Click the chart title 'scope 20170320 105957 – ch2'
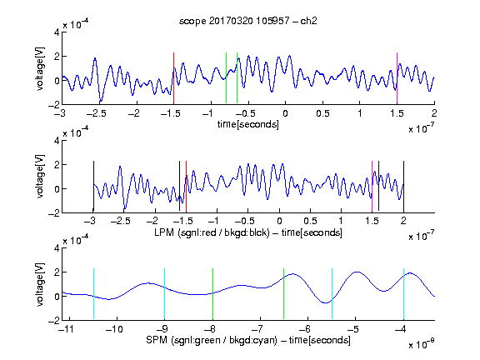tap(248, 21)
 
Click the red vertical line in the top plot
tap(173, 78)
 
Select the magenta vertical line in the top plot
tap(397, 78)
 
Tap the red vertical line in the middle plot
tap(186, 186)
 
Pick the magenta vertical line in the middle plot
tap(372, 186)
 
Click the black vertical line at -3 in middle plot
tap(93, 186)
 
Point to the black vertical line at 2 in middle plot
tap(403, 186)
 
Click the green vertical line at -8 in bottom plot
tap(212, 294)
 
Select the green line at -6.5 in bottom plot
tap(284, 294)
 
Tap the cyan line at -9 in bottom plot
tap(165, 294)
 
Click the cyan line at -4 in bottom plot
tap(403, 294)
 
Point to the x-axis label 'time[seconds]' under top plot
tap(248, 124)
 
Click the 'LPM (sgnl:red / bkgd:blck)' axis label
tap(212, 232)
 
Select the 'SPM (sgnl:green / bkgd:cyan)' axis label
tap(212, 340)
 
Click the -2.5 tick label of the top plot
tap(96, 113)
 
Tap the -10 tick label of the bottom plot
tap(114, 329)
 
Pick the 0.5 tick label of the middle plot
tap(310, 222)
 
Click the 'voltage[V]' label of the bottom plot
tap(40, 284)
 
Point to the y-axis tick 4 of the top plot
tap(57, 32)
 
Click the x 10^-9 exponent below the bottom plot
tap(422, 344)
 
